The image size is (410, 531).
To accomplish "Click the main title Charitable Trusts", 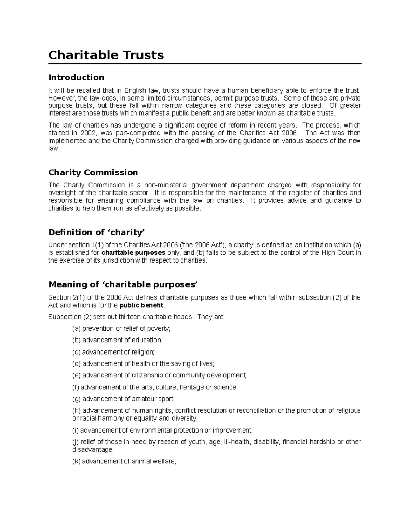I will (106, 55).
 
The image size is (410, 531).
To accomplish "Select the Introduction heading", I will (76, 77).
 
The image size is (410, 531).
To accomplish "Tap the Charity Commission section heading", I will (93, 172).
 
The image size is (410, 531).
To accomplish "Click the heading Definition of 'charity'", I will (97, 233).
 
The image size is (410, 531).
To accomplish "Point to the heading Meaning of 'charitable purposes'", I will (123, 284).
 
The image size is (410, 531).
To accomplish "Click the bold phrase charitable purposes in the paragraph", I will (134, 253).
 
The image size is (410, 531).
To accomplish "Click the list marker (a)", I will (76, 329).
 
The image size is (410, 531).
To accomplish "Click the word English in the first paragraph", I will (135, 91).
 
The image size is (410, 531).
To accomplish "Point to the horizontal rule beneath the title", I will (205, 64).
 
